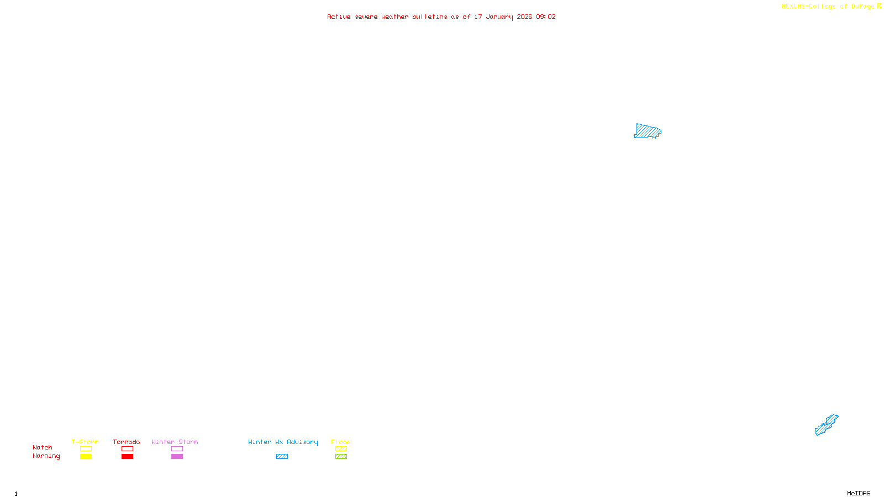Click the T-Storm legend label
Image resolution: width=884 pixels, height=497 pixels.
coord(85,442)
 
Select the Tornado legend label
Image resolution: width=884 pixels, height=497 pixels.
coord(127,442)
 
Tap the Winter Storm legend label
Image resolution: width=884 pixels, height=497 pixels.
coord(175,442)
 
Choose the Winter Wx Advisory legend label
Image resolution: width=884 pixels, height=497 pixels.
coord(283,442)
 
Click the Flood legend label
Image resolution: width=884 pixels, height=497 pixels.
coord(341,442)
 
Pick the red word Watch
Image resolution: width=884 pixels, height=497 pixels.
coord(43,447)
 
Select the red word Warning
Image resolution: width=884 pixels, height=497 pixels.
coord(46,456)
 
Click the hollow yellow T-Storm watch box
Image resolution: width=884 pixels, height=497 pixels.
coord(86,449)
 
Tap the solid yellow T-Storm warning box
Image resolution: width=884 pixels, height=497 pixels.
coord(86,457)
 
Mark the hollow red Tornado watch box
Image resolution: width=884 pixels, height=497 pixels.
coord(127,449)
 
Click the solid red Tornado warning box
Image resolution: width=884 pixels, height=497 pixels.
coord(127,457)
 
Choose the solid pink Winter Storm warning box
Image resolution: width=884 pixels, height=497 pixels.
coord(177,457)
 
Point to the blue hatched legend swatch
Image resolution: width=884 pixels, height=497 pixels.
coord(282,457)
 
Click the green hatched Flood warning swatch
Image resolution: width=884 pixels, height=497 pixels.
coord(341,457)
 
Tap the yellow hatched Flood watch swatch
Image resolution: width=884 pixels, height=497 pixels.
coord(341,449)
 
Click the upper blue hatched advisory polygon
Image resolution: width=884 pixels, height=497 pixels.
coord(647,131)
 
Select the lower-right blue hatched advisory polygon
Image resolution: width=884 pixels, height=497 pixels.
coord(827,425)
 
